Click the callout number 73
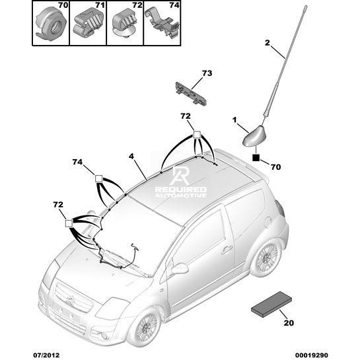pos(207,73)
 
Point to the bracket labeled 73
pos(191,93)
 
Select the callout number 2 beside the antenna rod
pos(268,43)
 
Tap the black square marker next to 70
pos(256,158)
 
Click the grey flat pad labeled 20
pos(271,305)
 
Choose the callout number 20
pos(289,323)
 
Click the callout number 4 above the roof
pos(131,157)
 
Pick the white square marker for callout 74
pos(98,178)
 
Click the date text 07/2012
pos(46,355)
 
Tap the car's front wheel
pos(145,328)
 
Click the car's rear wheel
pos(267,257)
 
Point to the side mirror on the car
pos(180,268)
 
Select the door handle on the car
pos(227,249)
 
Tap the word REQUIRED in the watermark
pos(181,190)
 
